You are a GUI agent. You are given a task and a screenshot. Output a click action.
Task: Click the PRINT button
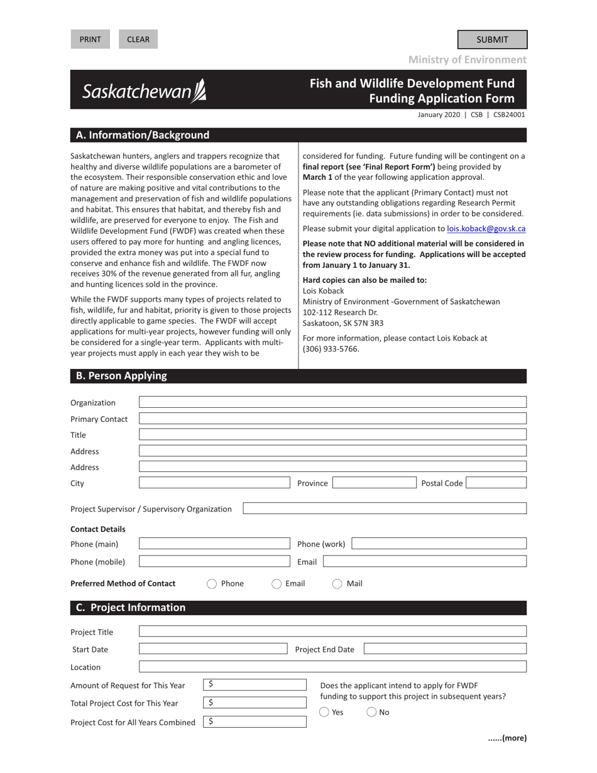pyautogui.click(x=90, y=39)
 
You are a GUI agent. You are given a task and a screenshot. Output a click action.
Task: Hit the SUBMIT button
pyautogui.click(x=492, y=40)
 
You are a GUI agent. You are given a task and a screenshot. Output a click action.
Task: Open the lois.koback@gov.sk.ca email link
pyautogui.click(x=486, y=229)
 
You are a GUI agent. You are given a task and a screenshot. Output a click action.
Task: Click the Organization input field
pyautogui.click(x=332, y=402)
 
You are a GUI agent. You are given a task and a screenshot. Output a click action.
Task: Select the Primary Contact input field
pyautogui.click(x=332, y=419)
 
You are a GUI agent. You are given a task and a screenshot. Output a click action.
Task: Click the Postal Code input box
pyautogui.click(x=496, y=483)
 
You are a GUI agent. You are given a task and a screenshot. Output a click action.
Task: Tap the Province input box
pyautogui.click(x=374, y=483)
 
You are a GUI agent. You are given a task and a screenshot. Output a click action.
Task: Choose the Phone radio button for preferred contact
pyautogui.click(x=212, y=584)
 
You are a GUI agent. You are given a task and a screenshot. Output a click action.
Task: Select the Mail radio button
pyautogui.click(x=337, y=584)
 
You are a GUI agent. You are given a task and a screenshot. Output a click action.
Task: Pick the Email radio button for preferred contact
pyautogui.click(x=277, y=584)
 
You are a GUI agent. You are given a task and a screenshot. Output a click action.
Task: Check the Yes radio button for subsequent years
pyautogui.click(x=324, y=712)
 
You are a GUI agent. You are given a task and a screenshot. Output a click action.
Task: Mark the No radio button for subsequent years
pyautogui.click(x=371, y=712)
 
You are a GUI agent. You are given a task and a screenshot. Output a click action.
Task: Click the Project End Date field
pyautogui.click(x=445, y=649)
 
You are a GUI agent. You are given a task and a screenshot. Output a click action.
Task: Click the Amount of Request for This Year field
pyautogui.click(x=255, y=685)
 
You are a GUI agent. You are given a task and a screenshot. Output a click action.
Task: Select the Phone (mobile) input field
pyautogui.click(x=214, y=561)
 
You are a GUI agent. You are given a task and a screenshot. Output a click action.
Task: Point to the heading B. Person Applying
pyautogui.click(x=121, y=376)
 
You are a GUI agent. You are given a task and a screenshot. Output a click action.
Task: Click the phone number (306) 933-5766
pyautogui.click(x=331, y=349)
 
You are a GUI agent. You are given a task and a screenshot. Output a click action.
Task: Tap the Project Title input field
pyautogui.click(x=332, y=632)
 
